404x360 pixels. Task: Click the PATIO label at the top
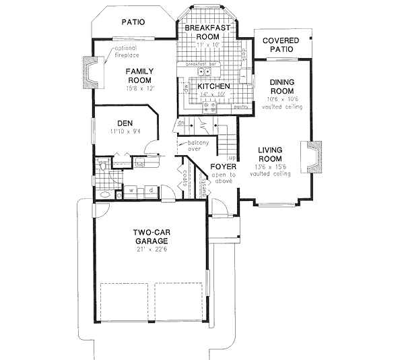pyautogui.click(x=133, y=22)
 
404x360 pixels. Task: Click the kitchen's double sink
pyautogui.click(x=202, y=72)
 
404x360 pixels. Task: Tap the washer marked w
pyautogui.click(x=134, y=191)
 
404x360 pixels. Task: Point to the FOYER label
pyautogui.click(x=222, y=166)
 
